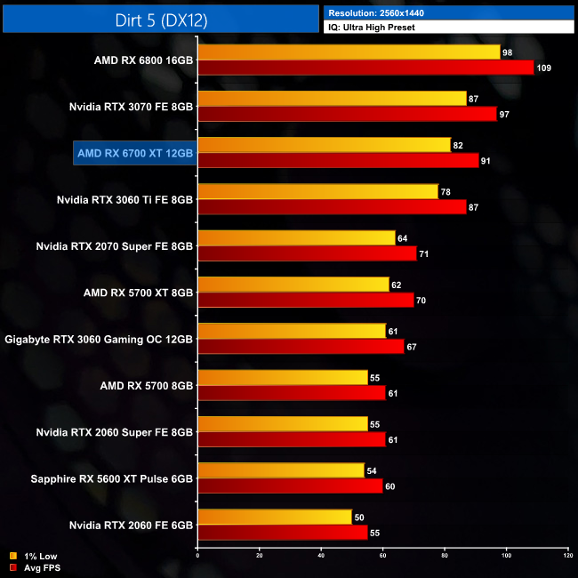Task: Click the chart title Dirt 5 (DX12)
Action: [x=160, y=18]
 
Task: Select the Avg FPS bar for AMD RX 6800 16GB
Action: [x=365, y=68]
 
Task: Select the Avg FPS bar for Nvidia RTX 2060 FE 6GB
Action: [x=283, y=532]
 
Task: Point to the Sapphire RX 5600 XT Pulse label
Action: [x=111, y=478]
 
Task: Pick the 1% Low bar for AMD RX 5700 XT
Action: [x=293, y=284]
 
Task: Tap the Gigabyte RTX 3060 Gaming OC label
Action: [x=100, y=339]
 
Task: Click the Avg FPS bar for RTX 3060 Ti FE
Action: [x=332, y=206]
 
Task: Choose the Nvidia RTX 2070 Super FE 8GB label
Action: [x=115, y=246]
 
